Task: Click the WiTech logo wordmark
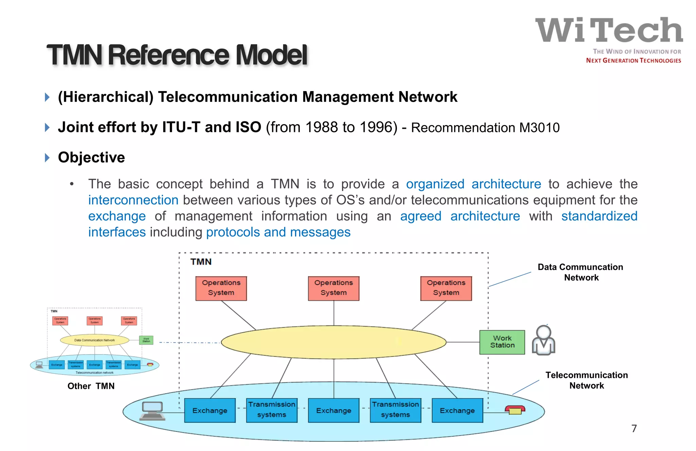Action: click(609, 31)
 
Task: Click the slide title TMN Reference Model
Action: click(177, 55)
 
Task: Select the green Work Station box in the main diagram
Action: click(502, 342)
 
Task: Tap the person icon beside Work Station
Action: click(543, 341)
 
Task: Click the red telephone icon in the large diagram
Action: click(515, 410)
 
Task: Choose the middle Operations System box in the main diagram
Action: click(333, 288)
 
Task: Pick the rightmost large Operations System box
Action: click(446, 288)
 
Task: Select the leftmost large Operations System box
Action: click(221, 288)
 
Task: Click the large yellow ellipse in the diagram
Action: click(333, 342)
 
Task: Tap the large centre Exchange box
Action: click(333, 410)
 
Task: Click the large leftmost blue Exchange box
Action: click(210, 410)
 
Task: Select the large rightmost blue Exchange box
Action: click(457, 410)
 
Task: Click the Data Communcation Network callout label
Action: click(580, 272)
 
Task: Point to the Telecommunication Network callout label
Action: click(587, 380)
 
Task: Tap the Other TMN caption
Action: click(91, 386)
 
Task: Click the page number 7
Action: click(634, 428)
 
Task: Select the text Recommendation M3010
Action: click(485, 128)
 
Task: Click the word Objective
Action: click(91, 157)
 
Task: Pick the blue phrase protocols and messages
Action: click(278, 232)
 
